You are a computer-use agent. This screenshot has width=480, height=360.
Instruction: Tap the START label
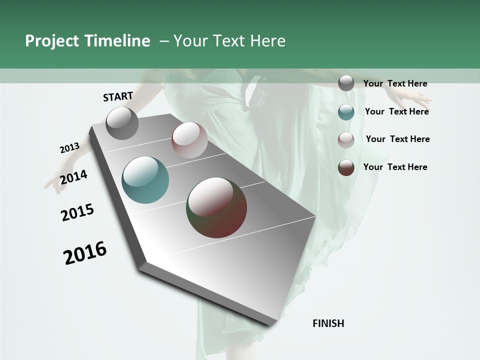118,96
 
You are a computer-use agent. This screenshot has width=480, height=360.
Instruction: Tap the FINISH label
328,323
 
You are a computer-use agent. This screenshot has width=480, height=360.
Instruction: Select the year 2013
69,148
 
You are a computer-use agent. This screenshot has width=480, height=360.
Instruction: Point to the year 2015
77,212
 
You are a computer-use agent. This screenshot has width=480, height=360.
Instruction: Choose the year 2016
85,252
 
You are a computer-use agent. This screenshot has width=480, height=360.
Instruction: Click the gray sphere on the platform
122,123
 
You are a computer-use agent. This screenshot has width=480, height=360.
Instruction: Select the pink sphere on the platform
189,140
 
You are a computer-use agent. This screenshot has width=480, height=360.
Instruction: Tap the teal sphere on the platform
145,180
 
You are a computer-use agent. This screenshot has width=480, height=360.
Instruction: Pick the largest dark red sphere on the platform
216,207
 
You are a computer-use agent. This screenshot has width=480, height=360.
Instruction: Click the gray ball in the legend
346,83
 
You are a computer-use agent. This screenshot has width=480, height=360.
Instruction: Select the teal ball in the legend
346,112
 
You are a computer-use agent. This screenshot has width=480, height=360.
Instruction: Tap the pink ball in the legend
346,140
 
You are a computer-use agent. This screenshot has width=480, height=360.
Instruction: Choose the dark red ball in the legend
346,167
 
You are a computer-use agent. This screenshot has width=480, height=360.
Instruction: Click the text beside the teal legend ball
396,111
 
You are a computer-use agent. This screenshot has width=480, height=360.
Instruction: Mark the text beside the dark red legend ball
395,167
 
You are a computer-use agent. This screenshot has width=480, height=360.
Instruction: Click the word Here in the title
267,41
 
